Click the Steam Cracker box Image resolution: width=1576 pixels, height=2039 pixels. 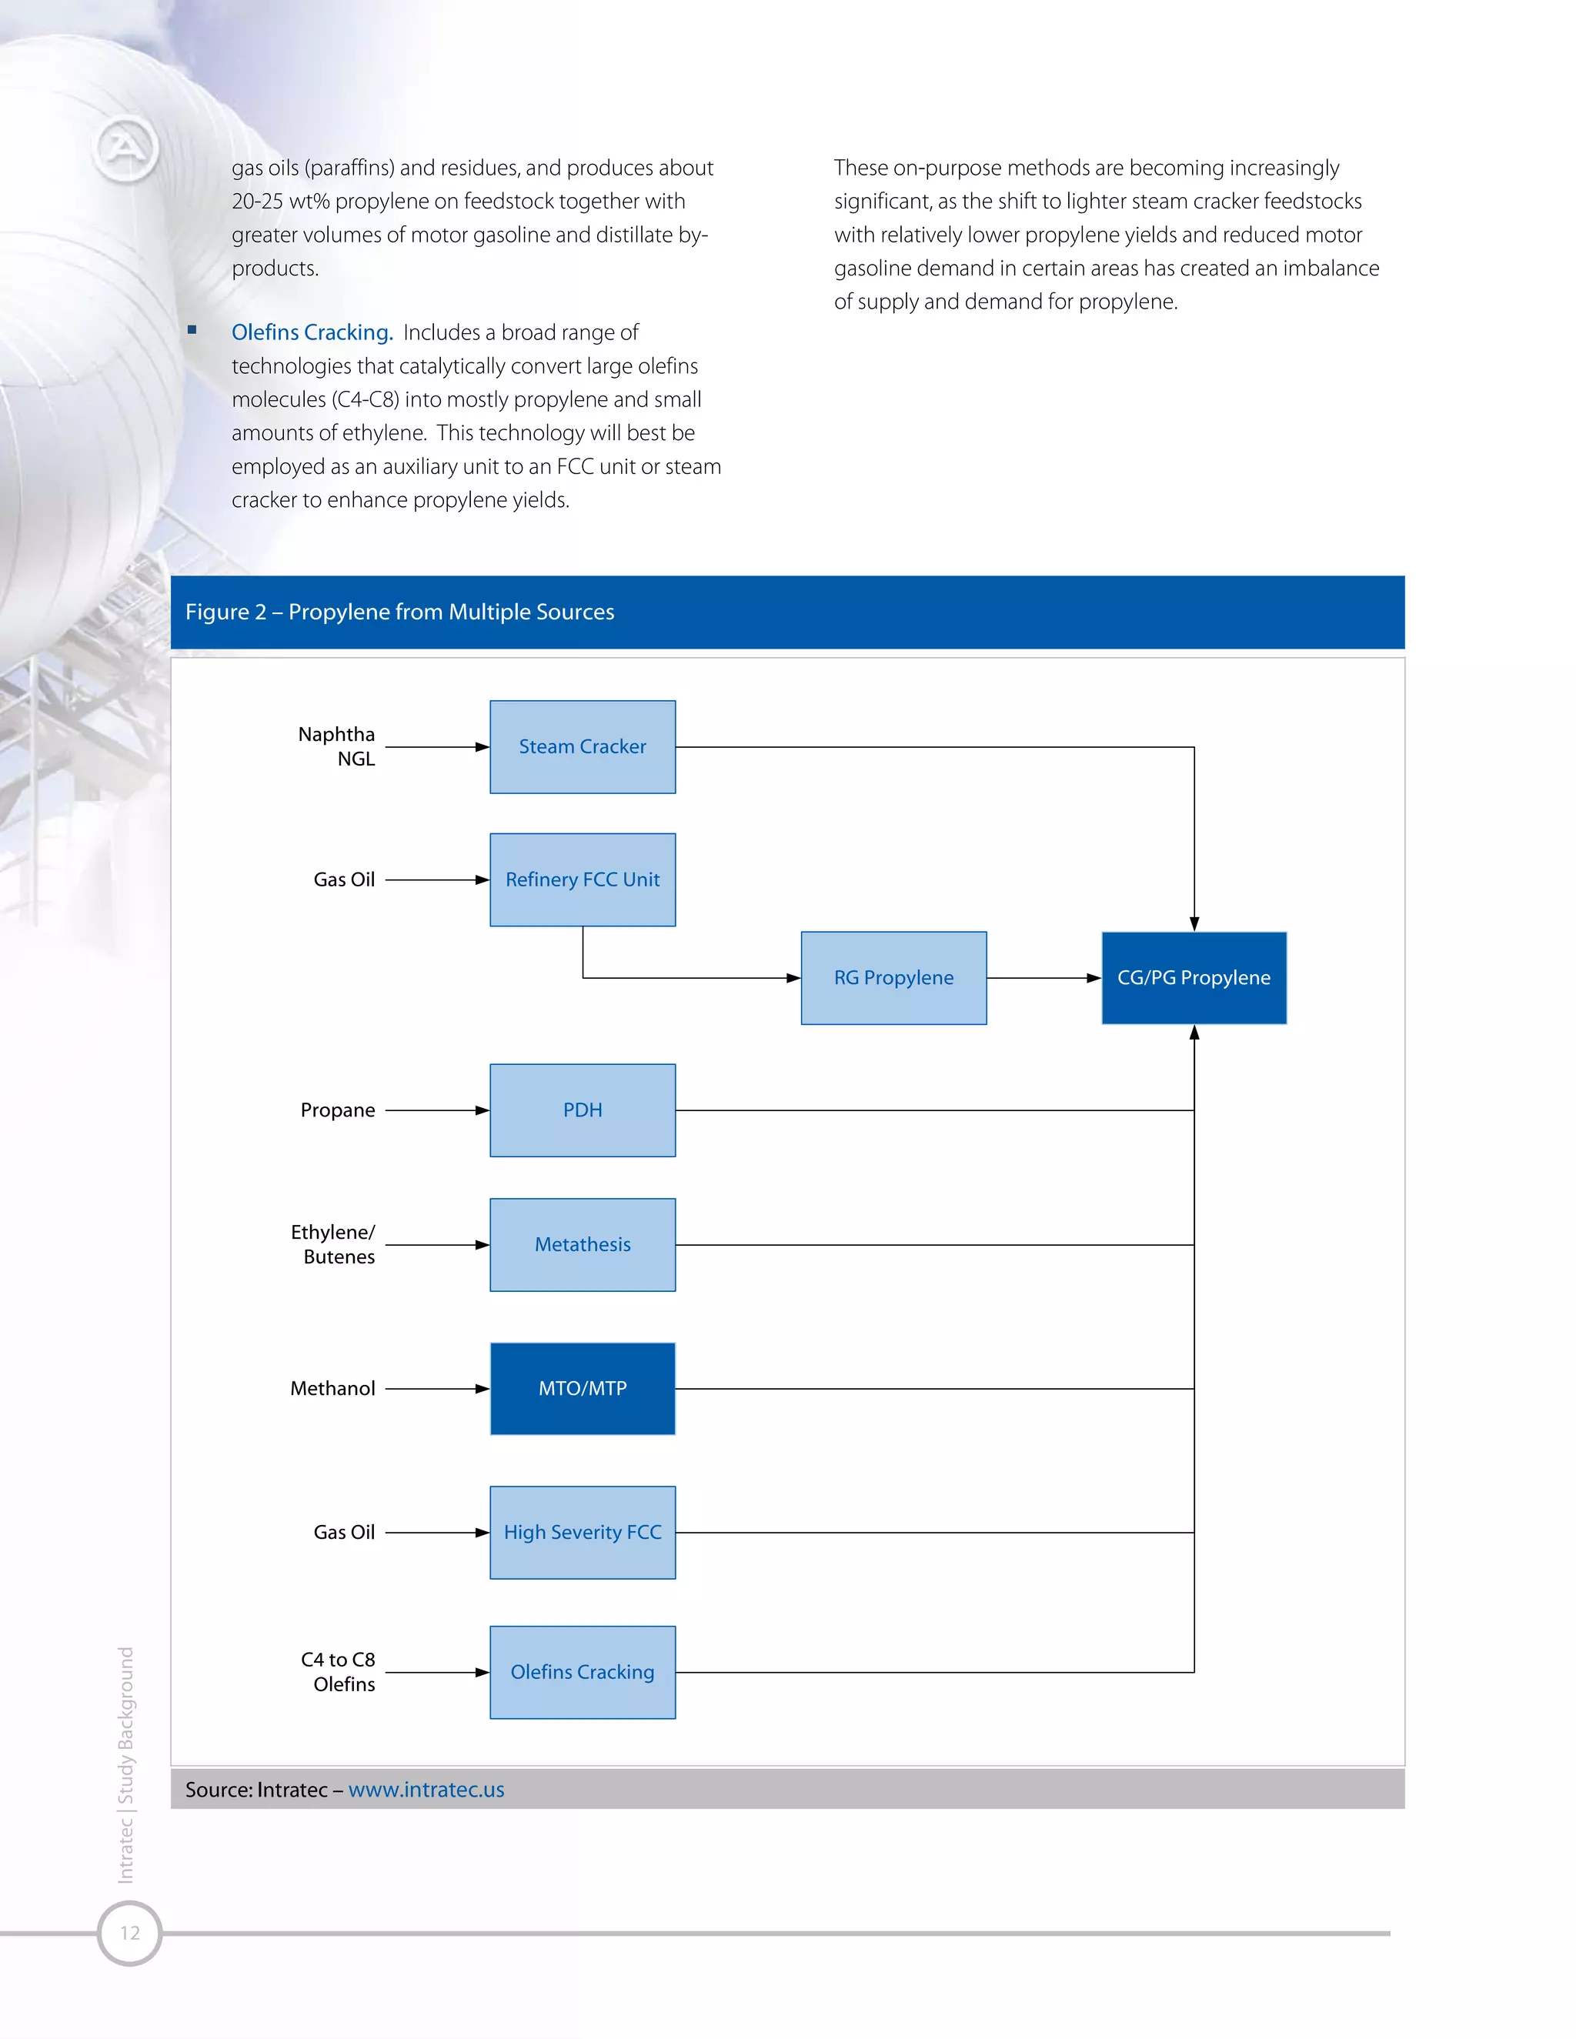click(583, 747)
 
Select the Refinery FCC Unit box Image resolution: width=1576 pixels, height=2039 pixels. click(583, 879)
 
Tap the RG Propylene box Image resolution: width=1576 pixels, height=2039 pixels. click(893, 977)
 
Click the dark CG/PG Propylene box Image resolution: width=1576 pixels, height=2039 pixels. click(1194, 977)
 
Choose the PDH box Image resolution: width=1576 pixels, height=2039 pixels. click(583, 1110)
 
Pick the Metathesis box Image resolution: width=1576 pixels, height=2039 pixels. click(583, 1244)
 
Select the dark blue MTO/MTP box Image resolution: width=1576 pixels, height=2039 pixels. click(583, 1388)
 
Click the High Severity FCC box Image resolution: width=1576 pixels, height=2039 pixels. click(583, 1532)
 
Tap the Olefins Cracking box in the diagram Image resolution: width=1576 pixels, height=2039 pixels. click(583, 1672)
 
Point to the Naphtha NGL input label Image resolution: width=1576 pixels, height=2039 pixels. click(337, 746)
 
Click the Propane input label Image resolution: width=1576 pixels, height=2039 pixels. click(338, 1110)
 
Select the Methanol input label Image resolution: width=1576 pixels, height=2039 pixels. click(332, 1388)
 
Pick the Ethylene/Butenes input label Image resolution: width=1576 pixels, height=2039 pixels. click(333, 1244)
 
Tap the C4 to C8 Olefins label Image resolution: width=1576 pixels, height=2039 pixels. click(338, 1672)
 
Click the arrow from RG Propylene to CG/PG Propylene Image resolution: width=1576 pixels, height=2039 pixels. click(1043, 977)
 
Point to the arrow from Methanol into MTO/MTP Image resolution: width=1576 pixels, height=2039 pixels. click(437, 1388)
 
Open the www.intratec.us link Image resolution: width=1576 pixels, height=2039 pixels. click(426, 1790)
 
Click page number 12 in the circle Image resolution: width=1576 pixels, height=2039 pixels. click(130, 1933)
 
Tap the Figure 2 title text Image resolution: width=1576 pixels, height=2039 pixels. click(399, 612)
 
